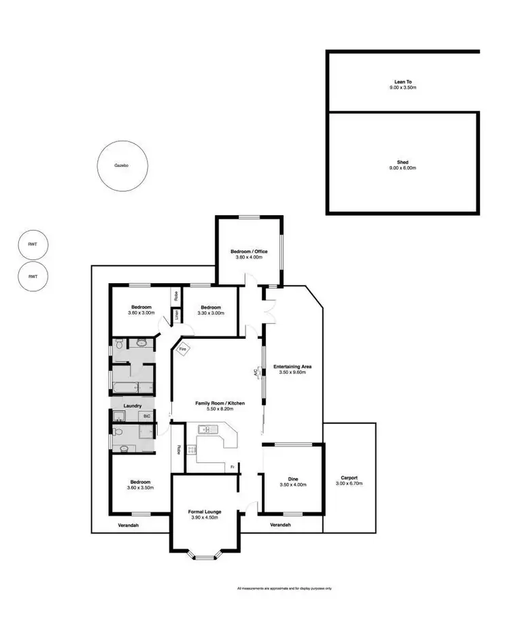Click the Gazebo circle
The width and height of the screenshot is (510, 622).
[122, 166]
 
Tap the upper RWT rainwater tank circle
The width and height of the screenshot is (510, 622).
[32, 244]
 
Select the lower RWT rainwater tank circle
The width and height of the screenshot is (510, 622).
[32, 276]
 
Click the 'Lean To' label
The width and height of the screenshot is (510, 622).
[404, 81]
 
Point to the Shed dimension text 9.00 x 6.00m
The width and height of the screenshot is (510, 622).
[403, 168]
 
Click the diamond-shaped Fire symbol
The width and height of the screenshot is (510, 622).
[182, 350]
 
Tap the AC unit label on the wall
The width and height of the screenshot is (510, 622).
[256, 372]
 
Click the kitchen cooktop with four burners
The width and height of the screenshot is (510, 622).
[191, 449]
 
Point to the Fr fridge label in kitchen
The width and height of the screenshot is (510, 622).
[232, 467]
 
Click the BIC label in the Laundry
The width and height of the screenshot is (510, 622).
[146, 416]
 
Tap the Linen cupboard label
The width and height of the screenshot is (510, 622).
[175, 314]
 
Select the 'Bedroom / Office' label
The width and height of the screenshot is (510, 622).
[250, 251]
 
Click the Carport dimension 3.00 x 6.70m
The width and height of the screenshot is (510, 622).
[348, 484]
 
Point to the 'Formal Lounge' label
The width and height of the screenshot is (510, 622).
[204, 511]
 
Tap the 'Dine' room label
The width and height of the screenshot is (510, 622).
[293, 479]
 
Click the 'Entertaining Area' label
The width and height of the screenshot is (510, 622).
[293, 367]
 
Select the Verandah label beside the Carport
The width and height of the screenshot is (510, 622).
[280, 525]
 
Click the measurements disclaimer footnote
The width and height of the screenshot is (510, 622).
[284, 589]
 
